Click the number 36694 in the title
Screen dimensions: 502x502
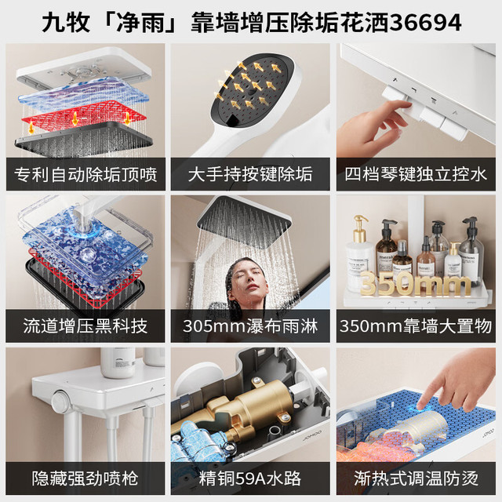[426, 23]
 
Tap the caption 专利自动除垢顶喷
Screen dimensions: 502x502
[85, 175]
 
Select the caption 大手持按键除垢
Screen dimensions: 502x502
[250, 175]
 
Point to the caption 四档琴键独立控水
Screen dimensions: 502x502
[416, 175]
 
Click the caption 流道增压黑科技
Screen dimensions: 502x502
[85, 326]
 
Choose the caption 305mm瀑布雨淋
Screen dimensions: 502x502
[250, 326]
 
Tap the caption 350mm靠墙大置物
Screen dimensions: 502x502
[416, 326]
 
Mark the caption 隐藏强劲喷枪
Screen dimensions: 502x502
[85, 478]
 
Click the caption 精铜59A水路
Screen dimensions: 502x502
[250, 478]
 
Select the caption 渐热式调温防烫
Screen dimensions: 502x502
[416, 478]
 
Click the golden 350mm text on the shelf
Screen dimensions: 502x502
[415, 283]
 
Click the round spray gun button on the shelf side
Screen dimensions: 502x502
[60, 399]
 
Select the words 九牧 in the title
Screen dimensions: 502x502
[66, 23]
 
